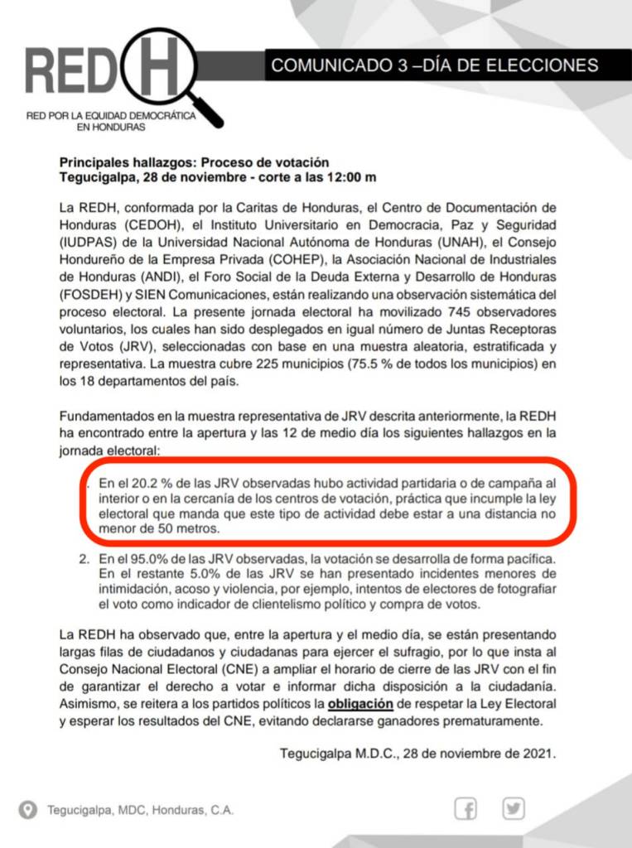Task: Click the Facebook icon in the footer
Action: pyautogui.click(x=466, y=808)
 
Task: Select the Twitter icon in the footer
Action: pyautogui.click(x=514, y=808)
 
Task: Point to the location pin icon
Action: pyautogui.click(x=28, y=809)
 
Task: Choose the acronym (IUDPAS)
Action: pyautogui.click(x=90, y=242)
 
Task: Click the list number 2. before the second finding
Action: pyautogui.click(x=84, y=561)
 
